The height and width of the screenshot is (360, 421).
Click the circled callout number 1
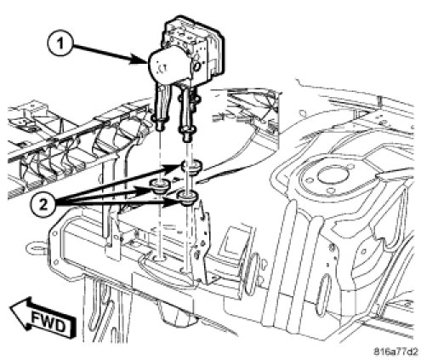click(60, 44)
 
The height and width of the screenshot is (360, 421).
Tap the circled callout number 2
click(43, 204)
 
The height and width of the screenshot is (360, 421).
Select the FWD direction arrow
click(43, 318)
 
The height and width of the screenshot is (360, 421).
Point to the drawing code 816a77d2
click(395, 351)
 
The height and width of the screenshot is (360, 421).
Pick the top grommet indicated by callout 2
click(191, 165)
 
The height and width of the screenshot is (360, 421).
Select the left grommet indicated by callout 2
click(161, 186)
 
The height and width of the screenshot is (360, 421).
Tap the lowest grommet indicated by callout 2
click(187, 197)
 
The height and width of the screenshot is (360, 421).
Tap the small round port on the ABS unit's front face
click(196, 66)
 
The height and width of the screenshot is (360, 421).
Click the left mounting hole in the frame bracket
click(160, 258)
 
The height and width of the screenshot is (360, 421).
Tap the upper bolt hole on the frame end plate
click(53, 234)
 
